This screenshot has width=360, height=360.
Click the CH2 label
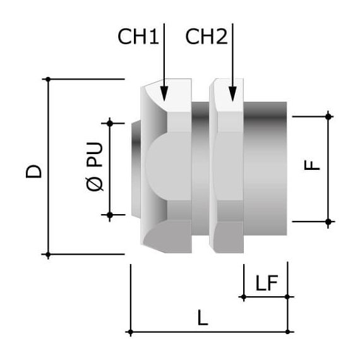[206, 37]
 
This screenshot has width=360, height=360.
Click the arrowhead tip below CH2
[233, 100]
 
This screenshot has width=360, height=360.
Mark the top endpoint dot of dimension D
[47, 79]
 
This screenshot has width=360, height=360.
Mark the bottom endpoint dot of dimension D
[47, 255]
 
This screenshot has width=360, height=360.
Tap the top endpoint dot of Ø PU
[110, 122]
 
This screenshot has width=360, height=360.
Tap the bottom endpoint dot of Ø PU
[110, 215]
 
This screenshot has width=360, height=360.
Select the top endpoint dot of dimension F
[328, 116]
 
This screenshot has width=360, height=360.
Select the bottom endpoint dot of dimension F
[328, 221]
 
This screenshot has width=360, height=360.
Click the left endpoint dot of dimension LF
[243, 296]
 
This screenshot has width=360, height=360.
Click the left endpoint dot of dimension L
[129, 332]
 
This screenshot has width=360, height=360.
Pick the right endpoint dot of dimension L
[288, 332]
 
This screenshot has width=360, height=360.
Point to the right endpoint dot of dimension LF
[288, 296]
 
